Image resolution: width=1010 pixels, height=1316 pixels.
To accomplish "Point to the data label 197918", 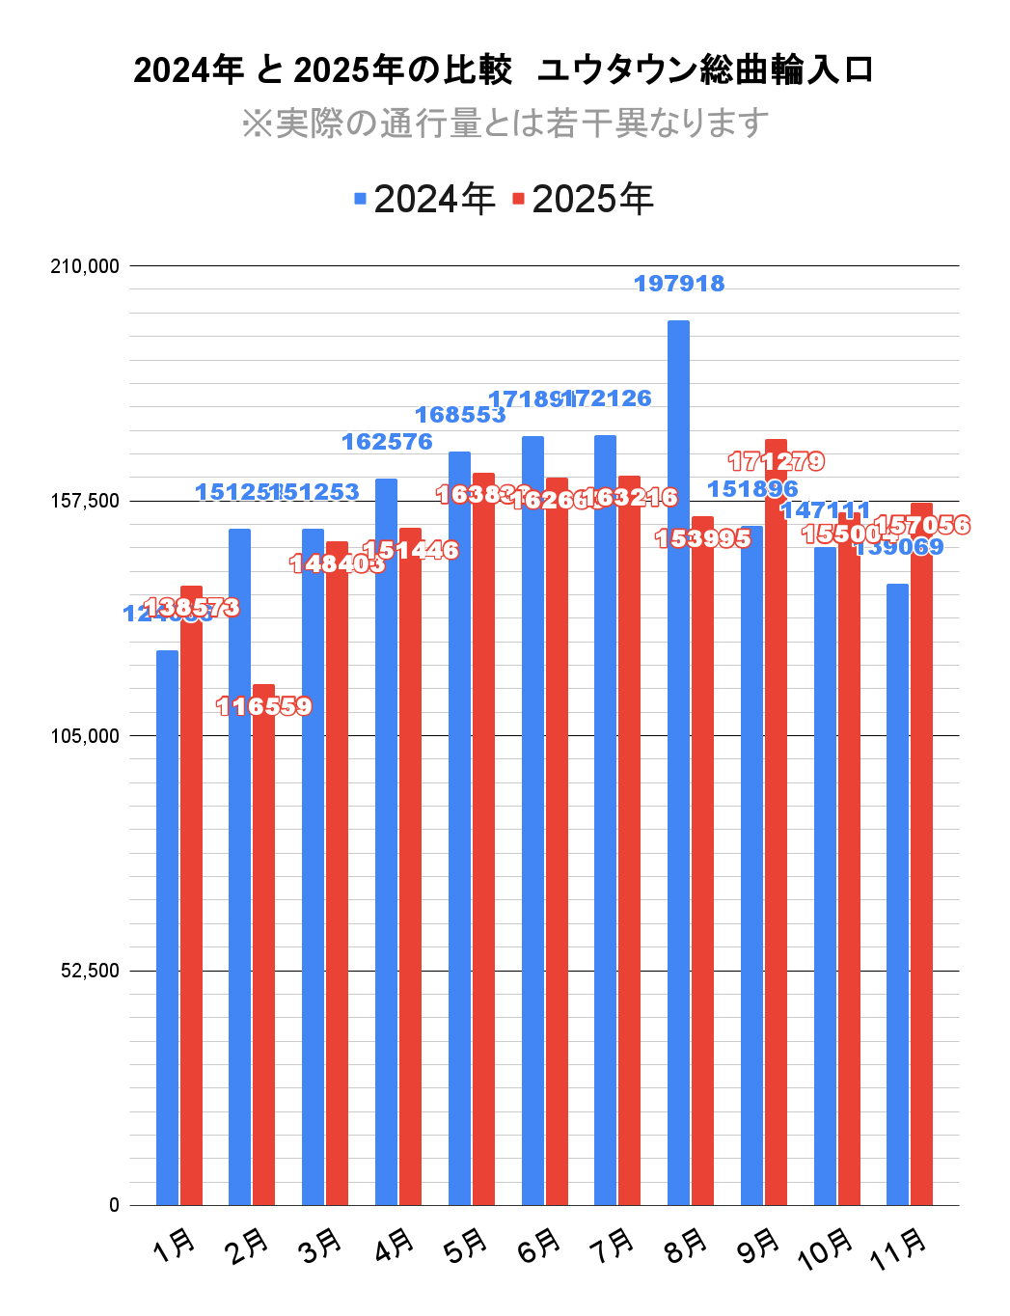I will click(x=679, y=284).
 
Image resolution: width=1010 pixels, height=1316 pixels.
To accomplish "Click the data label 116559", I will click(x=264, y=707).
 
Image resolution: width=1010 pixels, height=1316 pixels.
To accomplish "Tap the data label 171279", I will click(x=777, y=461).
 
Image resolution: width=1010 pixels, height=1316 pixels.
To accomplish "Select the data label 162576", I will click(x=387, y=442).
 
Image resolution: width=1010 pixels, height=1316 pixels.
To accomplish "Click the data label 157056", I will click(x=922, y=526).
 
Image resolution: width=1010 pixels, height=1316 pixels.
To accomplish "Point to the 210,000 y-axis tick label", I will click(x=85, y=266).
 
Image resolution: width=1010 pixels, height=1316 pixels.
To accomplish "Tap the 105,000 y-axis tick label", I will click(x=85, y=736).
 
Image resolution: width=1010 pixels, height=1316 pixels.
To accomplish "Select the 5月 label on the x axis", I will click(x=467, y=1246).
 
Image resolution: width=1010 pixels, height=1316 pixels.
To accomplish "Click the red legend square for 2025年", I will click(x=518, y=199).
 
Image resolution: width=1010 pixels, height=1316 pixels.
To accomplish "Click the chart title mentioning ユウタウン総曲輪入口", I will click(x=504, y=70).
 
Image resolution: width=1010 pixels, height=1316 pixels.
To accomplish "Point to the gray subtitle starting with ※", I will click(x=505, y=123).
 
